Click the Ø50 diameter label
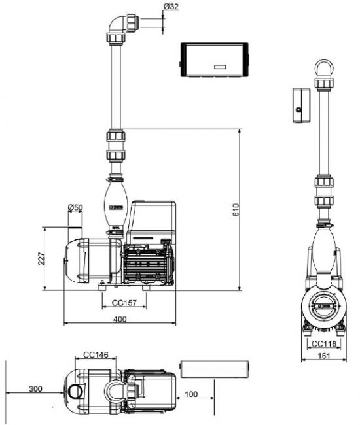(x=75, y=208)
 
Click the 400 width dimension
(x=121, y=318)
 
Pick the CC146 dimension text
(x=96, y=356)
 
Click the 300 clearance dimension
(x=35, y=389)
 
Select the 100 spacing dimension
(x=191, y=394)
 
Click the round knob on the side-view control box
(x=298, y=110)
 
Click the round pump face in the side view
(x=325, y=305)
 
